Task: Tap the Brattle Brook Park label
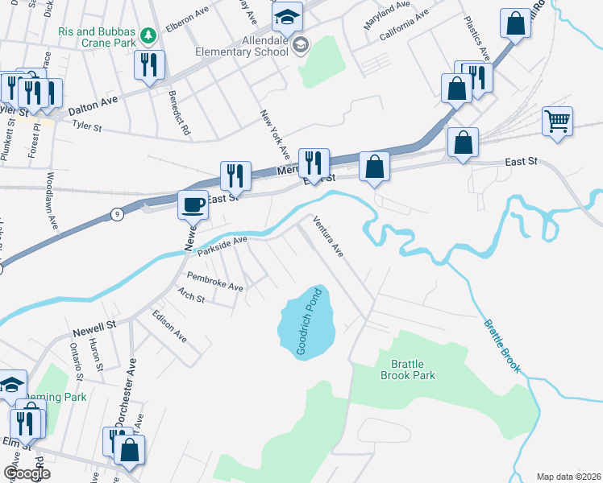(x=407, y=369)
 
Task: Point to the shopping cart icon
(x=558, y=122)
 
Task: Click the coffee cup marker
(x=193, y=204)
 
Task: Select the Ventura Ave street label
(x=329, y=237)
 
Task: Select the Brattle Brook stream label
(x=502, y=347)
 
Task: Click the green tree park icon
(x=148, y=35)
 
